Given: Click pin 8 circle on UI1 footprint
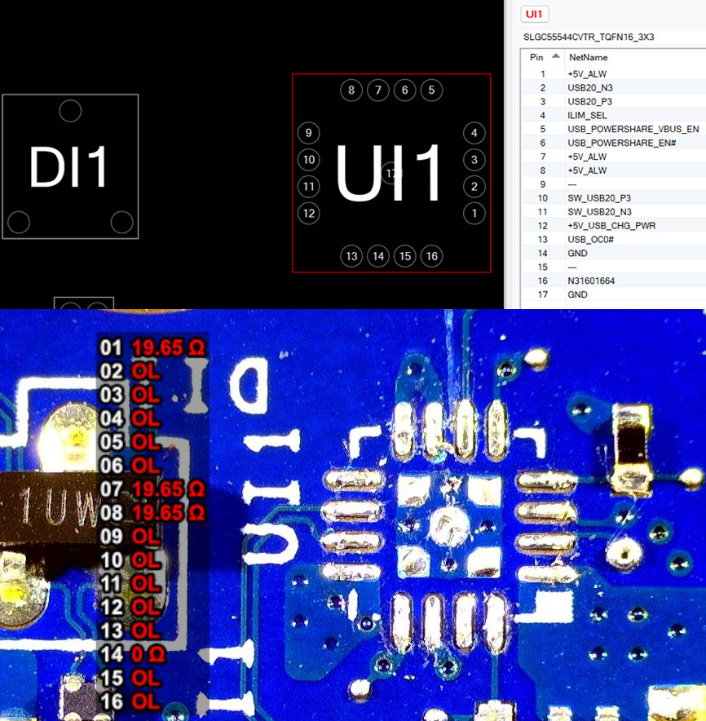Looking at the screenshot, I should point(351,90).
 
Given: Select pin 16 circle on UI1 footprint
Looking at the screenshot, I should point(432,256).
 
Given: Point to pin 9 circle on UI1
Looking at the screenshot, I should point(308,133).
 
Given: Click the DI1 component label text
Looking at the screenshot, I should point(68,168).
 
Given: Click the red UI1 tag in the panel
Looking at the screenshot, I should point(536,14).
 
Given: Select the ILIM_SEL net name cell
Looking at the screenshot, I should point(587,116).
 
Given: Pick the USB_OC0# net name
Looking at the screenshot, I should point(591,240).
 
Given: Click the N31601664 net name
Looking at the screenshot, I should point(592,281).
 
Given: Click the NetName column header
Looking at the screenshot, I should point(588,57).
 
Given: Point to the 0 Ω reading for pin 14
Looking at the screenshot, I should point(148,654).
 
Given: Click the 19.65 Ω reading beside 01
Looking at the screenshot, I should point(169,347).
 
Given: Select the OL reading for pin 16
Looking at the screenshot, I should point(146,701).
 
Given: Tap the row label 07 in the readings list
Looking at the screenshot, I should point(110,489).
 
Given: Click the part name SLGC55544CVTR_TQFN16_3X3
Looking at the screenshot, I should point(589,38).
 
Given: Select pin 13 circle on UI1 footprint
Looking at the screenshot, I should point(351,256).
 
